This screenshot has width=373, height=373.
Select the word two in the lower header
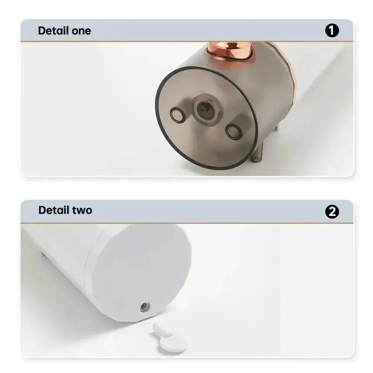(x=80, y=210)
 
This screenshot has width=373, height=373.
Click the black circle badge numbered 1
(x=332, y=31)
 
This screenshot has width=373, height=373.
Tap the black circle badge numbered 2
(x=332, y=211)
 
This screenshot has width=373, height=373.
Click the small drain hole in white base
(x=145, y=307)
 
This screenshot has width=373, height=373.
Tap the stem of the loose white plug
(x=158, y=329)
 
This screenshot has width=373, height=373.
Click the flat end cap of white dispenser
(x=142, y=269)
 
